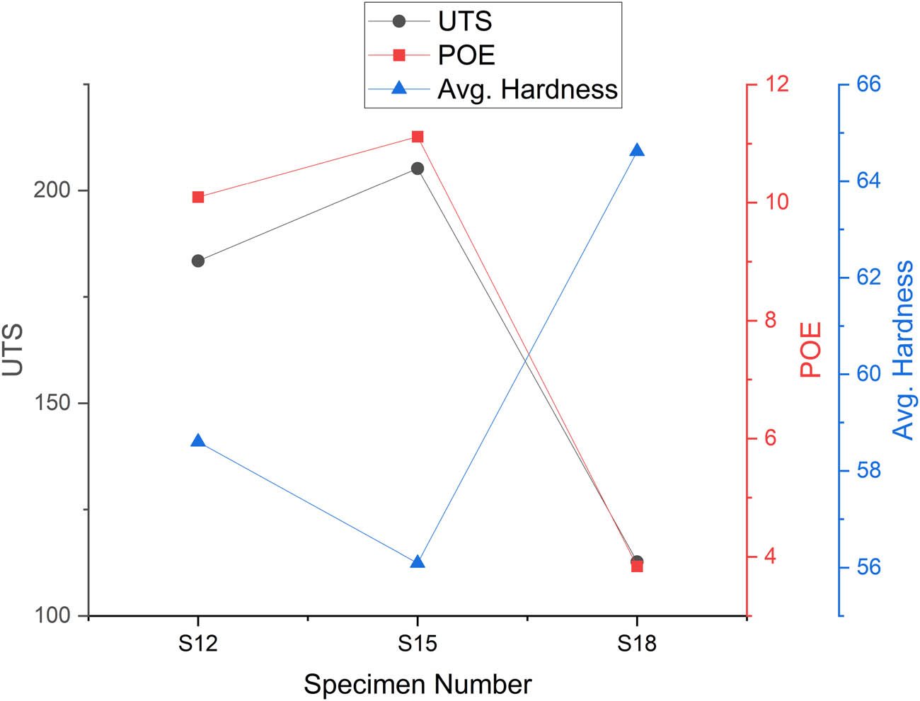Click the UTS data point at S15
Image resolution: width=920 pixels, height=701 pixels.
pyautogui.click(x=418, y=169)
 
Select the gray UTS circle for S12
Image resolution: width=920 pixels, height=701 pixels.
pyautogui.click(x=198, y=261)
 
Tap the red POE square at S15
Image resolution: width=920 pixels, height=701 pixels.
pyautogui.click(x=418, y=137)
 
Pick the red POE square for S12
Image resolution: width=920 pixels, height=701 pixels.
pyautogui.click(x=198, y=197)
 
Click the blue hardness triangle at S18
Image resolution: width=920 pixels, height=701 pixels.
pyautogui.click(x=637, y=150)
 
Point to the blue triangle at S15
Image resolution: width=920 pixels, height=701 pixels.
pyautogui.click(x=418, y=562)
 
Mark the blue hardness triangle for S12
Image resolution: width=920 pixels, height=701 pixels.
pyautogui.click(x=198, y=441)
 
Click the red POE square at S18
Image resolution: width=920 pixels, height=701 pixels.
pyautogui.click(x=637, y=566)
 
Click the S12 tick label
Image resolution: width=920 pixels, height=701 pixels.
pyautogui.click(x=198, y=644)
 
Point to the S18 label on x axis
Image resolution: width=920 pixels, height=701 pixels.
pyautogui.click(x=637, y=644)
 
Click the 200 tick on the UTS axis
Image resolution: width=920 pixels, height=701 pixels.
pyautogui.click(x=52, y=190)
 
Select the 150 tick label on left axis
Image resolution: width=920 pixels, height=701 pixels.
pyautogui.click(x=52, y=403)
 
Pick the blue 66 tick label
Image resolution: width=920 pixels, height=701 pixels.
pyautogui.click(x=869, y=84)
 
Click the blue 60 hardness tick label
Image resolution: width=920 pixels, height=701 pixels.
pyautogui.click(x=869, y=374)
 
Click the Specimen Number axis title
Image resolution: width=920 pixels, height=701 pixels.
pyautogui.click(x=418, y=685)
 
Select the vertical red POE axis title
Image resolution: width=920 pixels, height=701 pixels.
pyautogui.click(x=811, y=350)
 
